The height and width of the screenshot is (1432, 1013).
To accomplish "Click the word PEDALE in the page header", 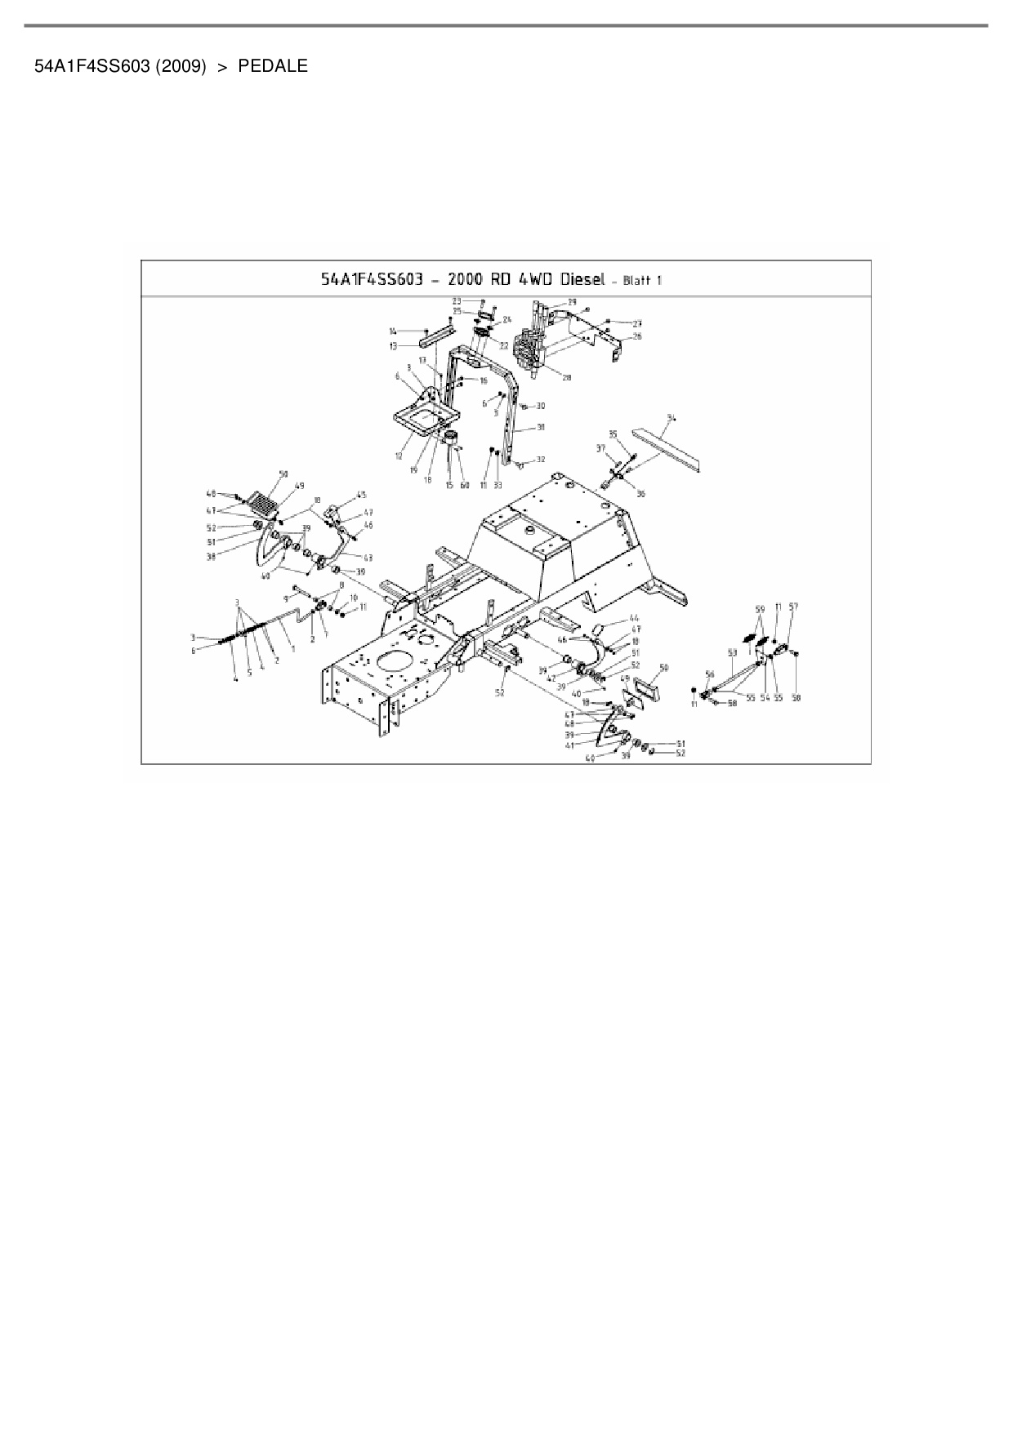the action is coord(273,67).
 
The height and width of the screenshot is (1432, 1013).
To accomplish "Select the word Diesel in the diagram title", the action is coord(581,279).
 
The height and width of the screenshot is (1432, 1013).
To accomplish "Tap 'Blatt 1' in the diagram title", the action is coord(642,281).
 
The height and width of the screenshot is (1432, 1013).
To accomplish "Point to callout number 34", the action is coord(671,418).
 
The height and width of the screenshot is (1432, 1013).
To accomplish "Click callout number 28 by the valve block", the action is coord(567,376).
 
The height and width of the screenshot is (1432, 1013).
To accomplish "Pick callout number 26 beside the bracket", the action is coord(637,336).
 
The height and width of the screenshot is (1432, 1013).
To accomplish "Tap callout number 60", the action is coord(465,486).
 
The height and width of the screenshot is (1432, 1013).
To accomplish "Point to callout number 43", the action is coord(368,558).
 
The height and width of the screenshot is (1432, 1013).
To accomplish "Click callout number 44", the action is coord(635,618).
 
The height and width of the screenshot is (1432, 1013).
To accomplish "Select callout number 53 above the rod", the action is coord(732,652).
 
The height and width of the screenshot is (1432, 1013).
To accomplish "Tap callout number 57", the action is coord(792,607).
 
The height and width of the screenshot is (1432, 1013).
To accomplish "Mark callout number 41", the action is coord(569,745).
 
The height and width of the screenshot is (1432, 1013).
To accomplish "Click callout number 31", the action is coord(540,427).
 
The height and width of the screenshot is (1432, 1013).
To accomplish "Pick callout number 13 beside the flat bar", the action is coord(393,346).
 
